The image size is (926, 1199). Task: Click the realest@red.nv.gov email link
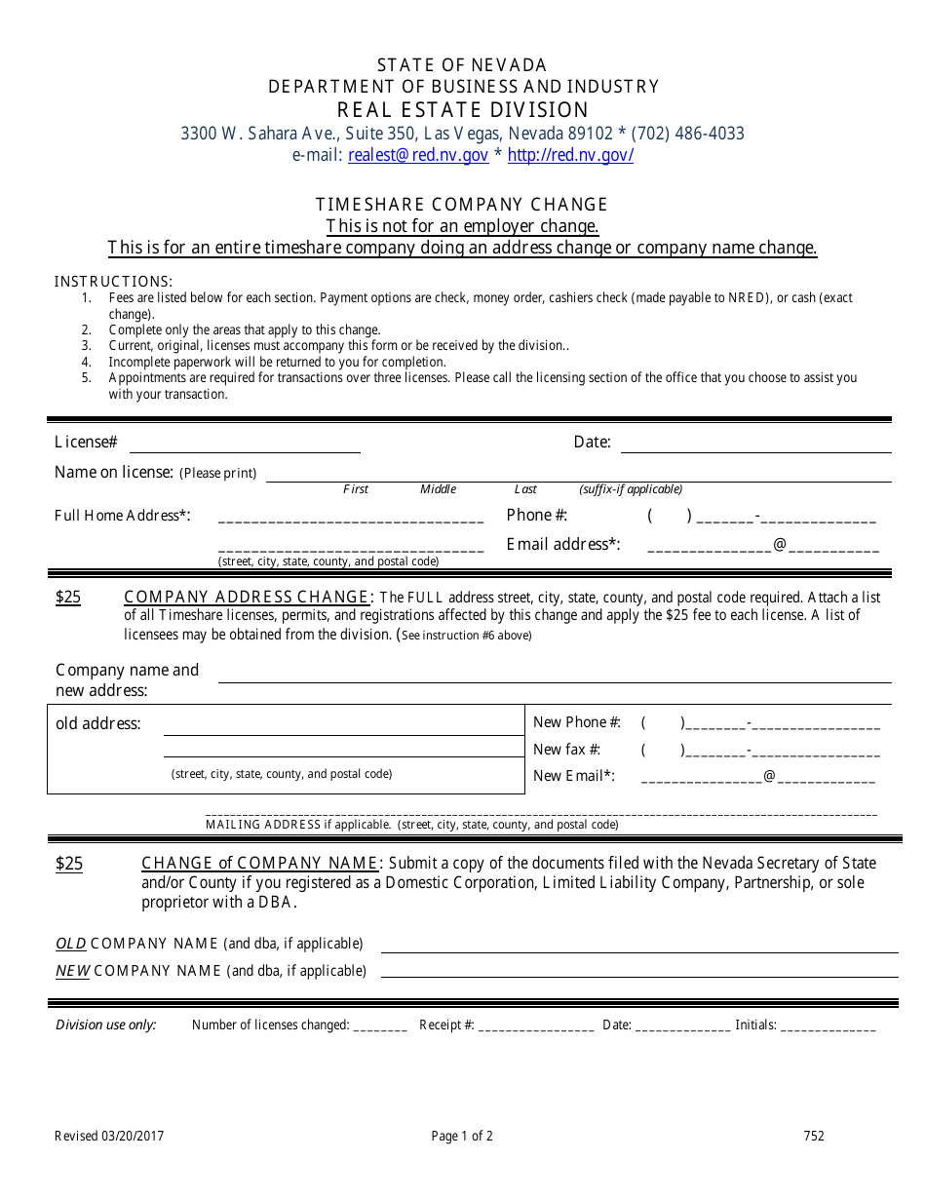click(418, 155)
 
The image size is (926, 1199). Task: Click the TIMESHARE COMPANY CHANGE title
click(462, 204)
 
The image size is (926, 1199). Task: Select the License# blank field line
click(245, 446)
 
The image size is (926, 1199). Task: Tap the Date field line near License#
click(755, 446)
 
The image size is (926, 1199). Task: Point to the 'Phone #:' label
click(536, 516)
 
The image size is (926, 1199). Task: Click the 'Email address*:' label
click(563, 544)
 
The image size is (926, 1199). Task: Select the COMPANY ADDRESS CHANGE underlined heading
click(248, 597)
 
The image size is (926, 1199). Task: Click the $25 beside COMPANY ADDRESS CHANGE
click(68, 597)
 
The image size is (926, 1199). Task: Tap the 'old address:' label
click(98, 723)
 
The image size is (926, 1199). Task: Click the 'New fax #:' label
click(566, 750)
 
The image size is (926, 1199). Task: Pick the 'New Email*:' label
click(574, 776)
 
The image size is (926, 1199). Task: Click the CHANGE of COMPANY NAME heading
click(260, 863)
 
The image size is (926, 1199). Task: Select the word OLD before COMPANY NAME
click(70, 944)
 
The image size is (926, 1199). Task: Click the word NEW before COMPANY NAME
click(72, 971)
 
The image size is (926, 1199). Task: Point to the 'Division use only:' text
click(105, 1025)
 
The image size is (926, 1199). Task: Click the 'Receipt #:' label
click(446, 1025)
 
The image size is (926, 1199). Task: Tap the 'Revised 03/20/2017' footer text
click(109, 1136)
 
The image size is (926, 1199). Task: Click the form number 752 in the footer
click(814, 1136)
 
